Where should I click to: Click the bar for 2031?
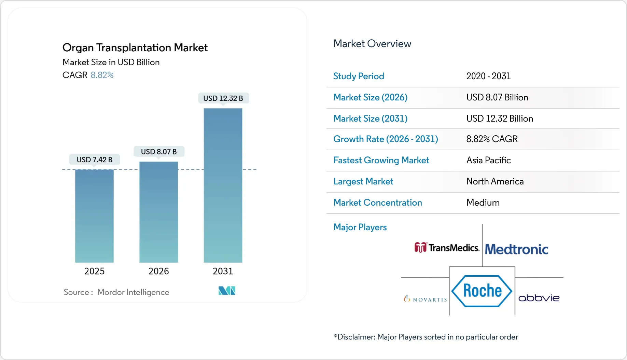click(223, 185)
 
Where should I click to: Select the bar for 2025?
click(94, 216)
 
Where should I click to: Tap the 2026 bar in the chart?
click(158, 212)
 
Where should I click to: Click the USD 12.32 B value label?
click(223, 98)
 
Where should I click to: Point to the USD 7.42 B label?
click(94, 160)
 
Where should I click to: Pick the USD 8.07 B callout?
click(158, 152)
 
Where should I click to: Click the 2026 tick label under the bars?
click(158, 271)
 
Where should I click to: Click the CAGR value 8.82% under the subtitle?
click(102, 75)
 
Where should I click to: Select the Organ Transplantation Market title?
click(135, 47)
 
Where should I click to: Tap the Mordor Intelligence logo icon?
click(227, 291)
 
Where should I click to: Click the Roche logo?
click(482, 291)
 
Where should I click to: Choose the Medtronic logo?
click(516, 249)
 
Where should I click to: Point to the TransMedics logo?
click(447, 248)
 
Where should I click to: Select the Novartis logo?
click(425, 299)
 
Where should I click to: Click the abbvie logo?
click(539, 298)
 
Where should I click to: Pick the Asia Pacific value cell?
click(488, 160)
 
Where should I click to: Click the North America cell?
click(495, 181)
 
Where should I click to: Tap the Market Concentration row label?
click(377, 203)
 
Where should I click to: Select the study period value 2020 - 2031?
click(488, 76)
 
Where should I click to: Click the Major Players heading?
click(360, 227)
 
